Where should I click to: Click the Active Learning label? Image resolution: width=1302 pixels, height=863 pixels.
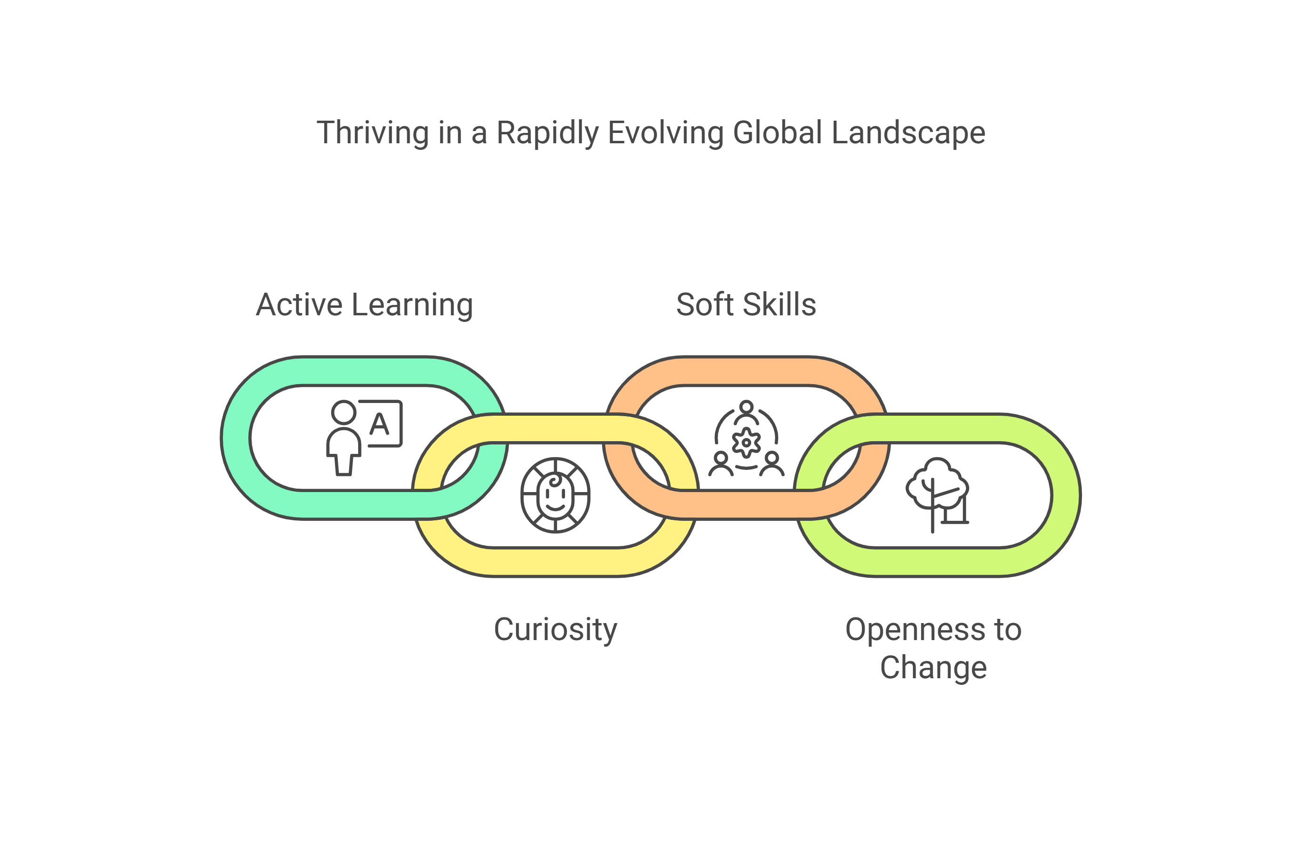[x=364, y=305]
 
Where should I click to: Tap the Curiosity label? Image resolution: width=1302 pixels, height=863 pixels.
[x=555, y=629]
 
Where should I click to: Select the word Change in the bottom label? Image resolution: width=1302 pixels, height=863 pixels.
[x=934, y=667]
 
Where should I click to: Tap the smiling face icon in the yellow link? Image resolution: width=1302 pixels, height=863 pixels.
[x=555, y=495]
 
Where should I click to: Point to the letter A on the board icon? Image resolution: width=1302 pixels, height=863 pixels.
[x=379, y=424]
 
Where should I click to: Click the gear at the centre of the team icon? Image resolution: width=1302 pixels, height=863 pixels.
[x=746, y=442]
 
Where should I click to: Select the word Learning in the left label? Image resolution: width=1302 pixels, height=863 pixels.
[x=412, y=305]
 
